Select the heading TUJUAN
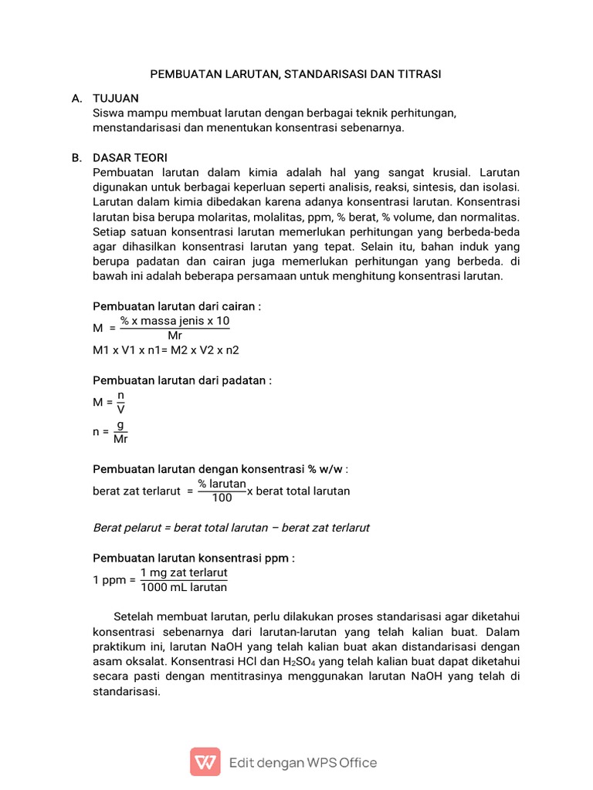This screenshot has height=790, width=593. click(x=116, y=99)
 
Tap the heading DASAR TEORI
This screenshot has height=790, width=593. click(x=130, y=157)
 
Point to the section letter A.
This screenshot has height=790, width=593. click(x=76, y=99)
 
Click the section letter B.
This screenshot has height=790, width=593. click(x=76, y=157)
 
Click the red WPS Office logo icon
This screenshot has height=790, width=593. click(x=205, y=762)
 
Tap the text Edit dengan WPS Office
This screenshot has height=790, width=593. click(x=303, y=763)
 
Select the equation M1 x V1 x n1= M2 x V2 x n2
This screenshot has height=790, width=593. click(x=166, y=349)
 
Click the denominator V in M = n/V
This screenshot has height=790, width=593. click(x=120, y=409)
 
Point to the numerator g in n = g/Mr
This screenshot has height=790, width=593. click(x=120, y=425)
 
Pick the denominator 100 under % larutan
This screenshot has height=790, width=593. click(x=222, y=498)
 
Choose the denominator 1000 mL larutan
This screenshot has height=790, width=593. click(x=184, y=587)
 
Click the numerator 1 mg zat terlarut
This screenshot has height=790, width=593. click(x=184, y=573)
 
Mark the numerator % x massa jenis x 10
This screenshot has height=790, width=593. click(x=175, y=321)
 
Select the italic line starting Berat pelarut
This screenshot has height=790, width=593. click(x=231, y=528)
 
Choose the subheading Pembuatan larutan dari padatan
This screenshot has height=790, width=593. click(x=182, y=380)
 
